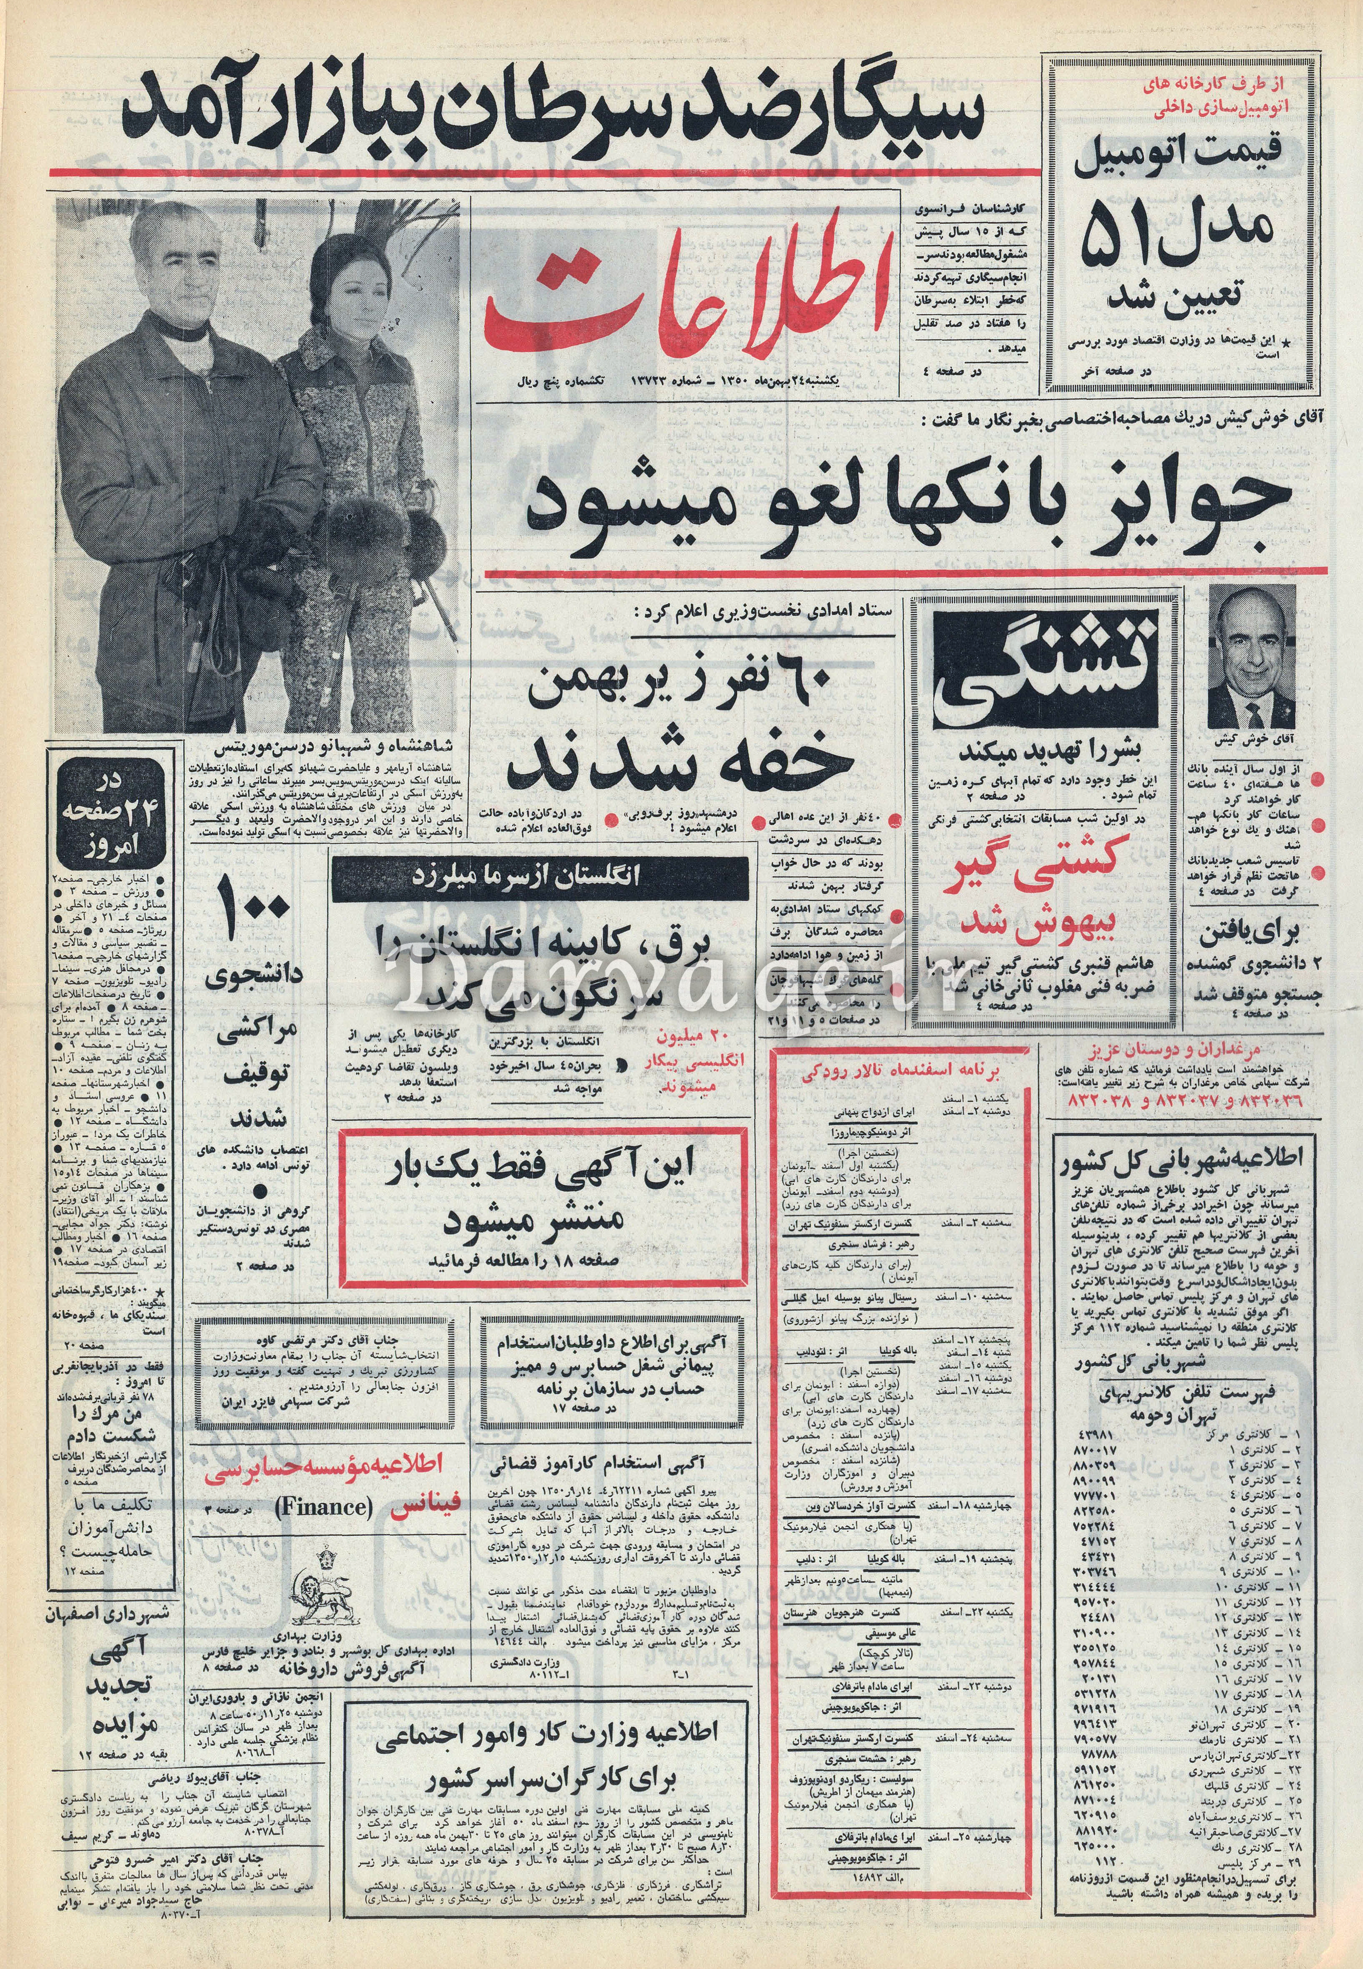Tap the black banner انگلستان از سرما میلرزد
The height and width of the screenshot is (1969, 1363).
[540, 880]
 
